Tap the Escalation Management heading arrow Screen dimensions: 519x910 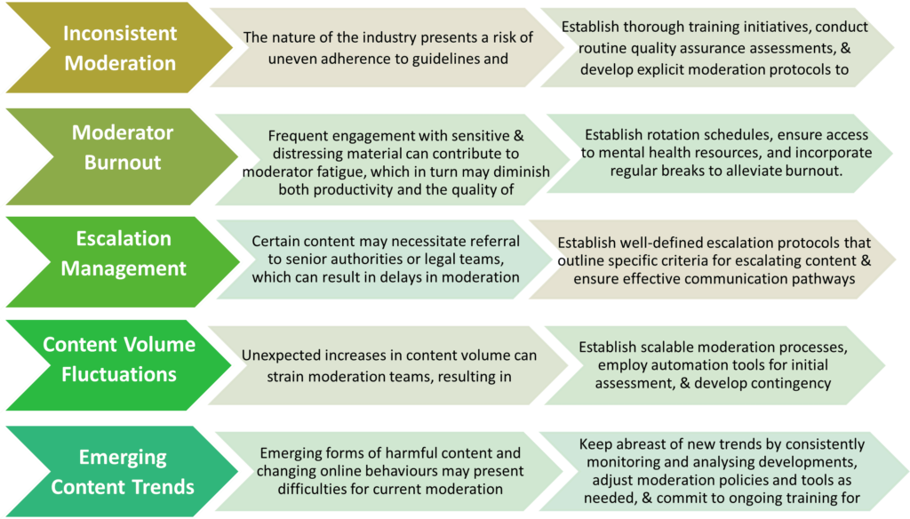(124, 253)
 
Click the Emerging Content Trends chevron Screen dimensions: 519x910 (123, 472)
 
